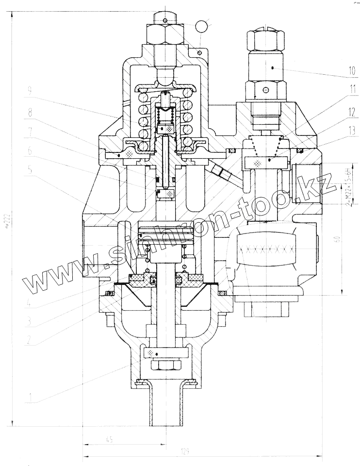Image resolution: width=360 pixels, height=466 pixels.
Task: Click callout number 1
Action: click(x=30, y=399)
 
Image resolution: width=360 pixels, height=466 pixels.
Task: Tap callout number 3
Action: click(x=30, y=321)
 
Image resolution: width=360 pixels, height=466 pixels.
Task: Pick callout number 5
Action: click(x=30, y=170)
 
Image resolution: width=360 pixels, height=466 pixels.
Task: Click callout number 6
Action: click(x=30, y=150)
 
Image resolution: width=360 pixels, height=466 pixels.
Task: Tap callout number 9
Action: click(x=30, y=90)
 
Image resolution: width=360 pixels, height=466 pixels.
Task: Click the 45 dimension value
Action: click(x=109, y=440)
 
